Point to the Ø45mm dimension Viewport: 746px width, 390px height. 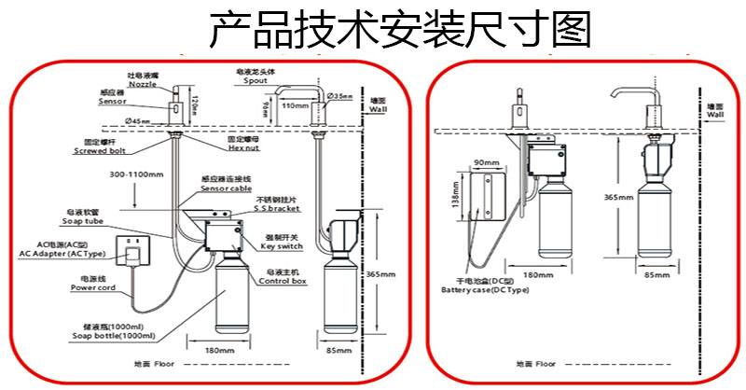137,121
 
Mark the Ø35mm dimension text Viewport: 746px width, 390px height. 342,96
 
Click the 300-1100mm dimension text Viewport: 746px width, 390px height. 135,174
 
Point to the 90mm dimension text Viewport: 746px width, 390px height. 484,161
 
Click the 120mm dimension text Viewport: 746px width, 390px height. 196,94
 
